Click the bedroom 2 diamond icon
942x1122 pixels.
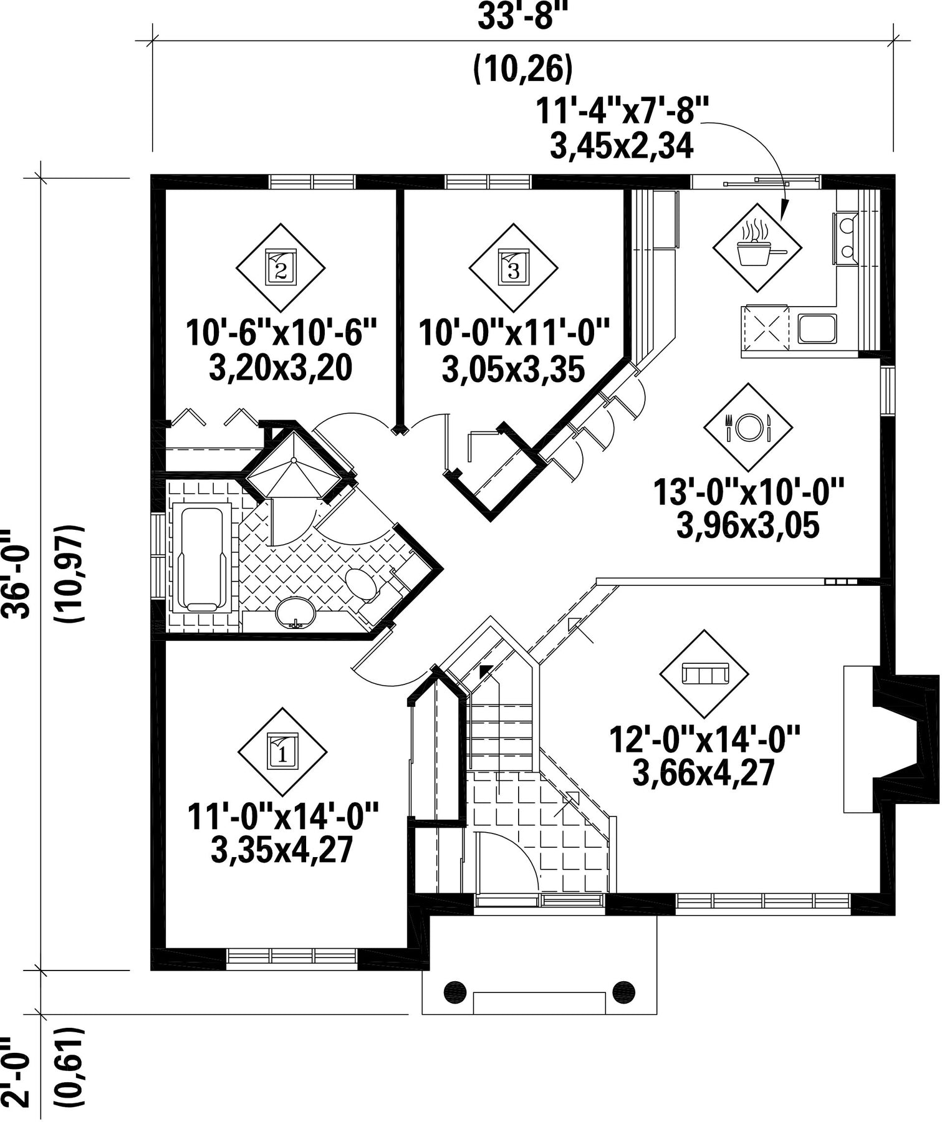click(x=281, y=268)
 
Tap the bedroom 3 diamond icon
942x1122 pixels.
click(x=513, y=267)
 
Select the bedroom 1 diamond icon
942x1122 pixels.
click(x=283, y=752)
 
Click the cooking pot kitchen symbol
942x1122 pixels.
click(x=757, y=247)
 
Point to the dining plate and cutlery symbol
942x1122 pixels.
click(x=748, y=427)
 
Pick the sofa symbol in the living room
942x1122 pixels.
click(x=704, y=674)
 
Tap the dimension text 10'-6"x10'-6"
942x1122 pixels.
click(x=282, y=333)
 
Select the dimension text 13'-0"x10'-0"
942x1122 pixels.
click(x=748, y=492)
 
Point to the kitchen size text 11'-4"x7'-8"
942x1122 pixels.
click(x=622, y=113)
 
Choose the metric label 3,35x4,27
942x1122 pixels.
click(x=282, y=850)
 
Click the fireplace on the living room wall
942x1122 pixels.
click(x=890, y=739)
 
